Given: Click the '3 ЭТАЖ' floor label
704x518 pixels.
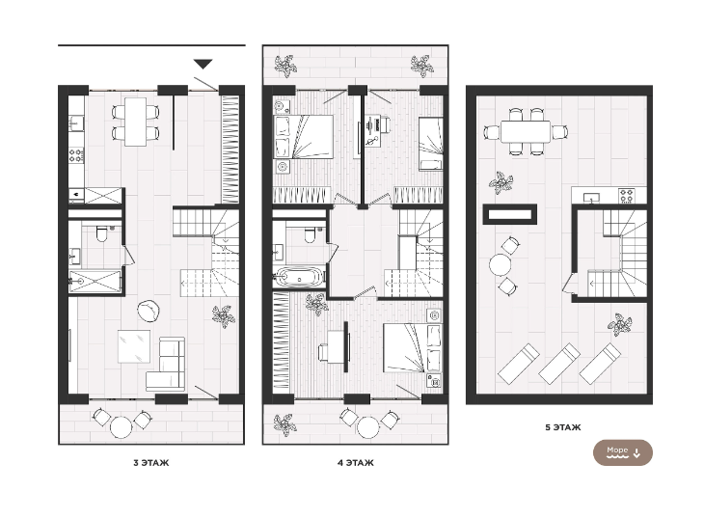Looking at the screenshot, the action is pos(151,463).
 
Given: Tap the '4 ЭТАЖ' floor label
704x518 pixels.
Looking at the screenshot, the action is pos(356,463).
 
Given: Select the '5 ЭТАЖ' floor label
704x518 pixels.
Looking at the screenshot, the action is pos(563,427).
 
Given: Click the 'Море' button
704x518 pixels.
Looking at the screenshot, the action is pos(623,452).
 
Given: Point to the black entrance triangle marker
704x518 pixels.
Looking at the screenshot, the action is pos(203,64).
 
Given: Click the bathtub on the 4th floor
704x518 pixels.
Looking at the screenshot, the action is pos(299,276).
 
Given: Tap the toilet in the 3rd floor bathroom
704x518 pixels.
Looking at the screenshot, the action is pos(102,233).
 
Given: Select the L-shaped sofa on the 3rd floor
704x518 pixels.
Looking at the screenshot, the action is pos(166,364).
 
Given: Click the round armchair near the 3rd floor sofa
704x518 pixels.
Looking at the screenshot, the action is pos(149,311).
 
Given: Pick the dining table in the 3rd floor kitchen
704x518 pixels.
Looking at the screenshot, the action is pos(136,122).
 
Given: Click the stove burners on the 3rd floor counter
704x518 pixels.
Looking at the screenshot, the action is pos(76,155).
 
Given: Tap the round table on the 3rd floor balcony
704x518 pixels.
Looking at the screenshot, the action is pos(122,426).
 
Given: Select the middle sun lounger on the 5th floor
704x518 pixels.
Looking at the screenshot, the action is pos(559,364).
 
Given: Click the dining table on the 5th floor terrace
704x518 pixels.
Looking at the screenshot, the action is pos(526,131).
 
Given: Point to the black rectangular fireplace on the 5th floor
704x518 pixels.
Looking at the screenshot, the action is pos(509,214).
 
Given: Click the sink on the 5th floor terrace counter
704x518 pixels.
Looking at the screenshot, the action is pos(591,197).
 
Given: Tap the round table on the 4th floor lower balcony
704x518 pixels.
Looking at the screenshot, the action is pos(367,427).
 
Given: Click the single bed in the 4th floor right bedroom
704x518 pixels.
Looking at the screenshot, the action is pos(430,145).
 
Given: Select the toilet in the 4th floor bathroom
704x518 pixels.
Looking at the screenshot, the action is pos(310,234).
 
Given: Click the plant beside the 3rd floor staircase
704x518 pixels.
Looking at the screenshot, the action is pos(224,315).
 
